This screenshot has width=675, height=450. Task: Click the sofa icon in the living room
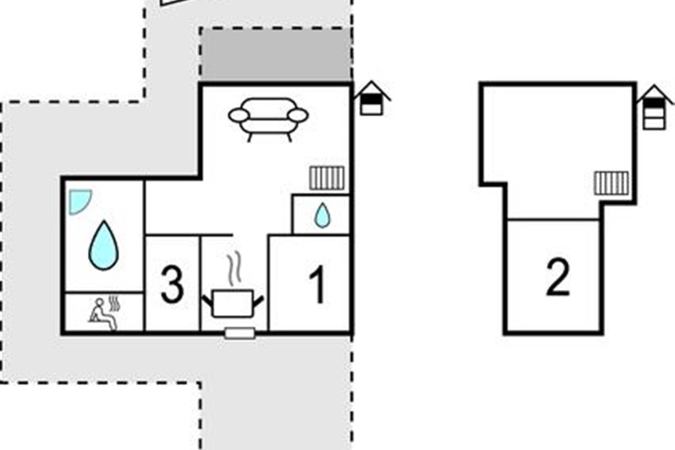pyautogui.click(x=268, y=119)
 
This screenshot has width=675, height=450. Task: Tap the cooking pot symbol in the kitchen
pyautogui.click(x=232, y=303)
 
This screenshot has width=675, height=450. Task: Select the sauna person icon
pyautogui.click(x=102, y=314)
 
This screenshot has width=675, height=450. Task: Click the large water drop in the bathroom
pyautogui.click(x=103, y=245)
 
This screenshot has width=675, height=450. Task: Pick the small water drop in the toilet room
pyautogui.click(x=322, y=215)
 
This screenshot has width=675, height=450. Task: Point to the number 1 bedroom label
pyautogui.click(x=317, y=284)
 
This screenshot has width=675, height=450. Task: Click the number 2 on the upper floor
pyautogui.click(x=558, y=277)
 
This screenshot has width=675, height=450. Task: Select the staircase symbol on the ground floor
pyautogui.click(x=327, y=178)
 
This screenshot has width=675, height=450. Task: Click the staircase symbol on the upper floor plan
pyautogui.click(x=611, y=183)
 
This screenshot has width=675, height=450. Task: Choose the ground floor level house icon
pyautogui.click(x=372, y=98)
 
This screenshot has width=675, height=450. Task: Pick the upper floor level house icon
pyautogui.click(x=655, y=107)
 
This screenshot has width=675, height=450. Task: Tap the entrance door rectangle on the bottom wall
pyautogui.click(x=240, y=333)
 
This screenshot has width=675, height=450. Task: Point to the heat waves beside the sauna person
pyautogui.click(x=115, y=303)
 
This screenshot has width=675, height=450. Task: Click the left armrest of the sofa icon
pyautogui.click(x=239, y=116)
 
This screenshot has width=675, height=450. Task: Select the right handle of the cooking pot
pyautogui.click(x=259, y=300)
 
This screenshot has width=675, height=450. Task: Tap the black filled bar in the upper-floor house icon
pyautogui.click(x=654, y=103)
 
